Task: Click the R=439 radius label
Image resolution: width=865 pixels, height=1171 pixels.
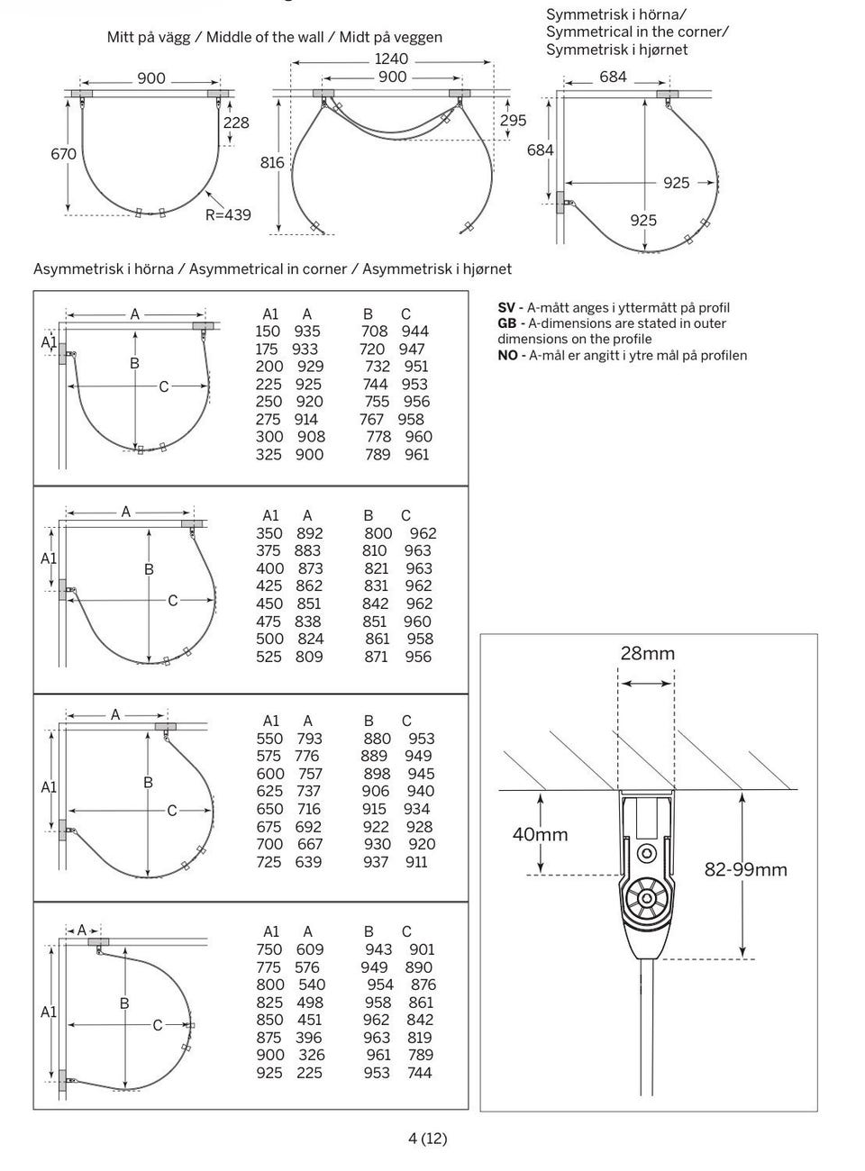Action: point(227,215)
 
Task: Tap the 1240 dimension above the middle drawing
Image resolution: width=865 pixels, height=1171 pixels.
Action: point(391,59)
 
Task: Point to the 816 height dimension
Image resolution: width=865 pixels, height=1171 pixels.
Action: point(272,163)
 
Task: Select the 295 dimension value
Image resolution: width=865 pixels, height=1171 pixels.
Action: point(513,121)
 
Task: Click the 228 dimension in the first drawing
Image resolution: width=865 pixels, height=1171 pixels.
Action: point(236,123)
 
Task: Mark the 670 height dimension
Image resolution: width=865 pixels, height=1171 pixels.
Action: point(63,154)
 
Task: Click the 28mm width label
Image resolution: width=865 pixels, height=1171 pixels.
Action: point(647,653)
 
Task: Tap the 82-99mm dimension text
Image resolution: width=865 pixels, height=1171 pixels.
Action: point(745,869)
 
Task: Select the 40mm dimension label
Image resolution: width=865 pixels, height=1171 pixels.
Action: point(540,834)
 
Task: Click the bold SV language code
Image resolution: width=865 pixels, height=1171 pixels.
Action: point(506,308)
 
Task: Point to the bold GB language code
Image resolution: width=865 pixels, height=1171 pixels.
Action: point(507,323)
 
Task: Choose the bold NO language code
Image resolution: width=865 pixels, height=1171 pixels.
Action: point(507,355)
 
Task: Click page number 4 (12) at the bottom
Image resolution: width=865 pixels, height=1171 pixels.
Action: point(428,1138)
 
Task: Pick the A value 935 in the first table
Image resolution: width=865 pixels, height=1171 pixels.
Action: point(307,331)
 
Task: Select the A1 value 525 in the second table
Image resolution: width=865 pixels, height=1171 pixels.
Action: point(269,657)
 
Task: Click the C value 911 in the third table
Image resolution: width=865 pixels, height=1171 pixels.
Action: point(416,862)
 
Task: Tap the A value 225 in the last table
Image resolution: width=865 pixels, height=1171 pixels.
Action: point(309,1073)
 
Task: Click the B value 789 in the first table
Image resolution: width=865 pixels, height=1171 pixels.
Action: point(378,455)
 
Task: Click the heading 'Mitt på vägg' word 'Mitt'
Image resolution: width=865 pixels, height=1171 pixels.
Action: point(122,37)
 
